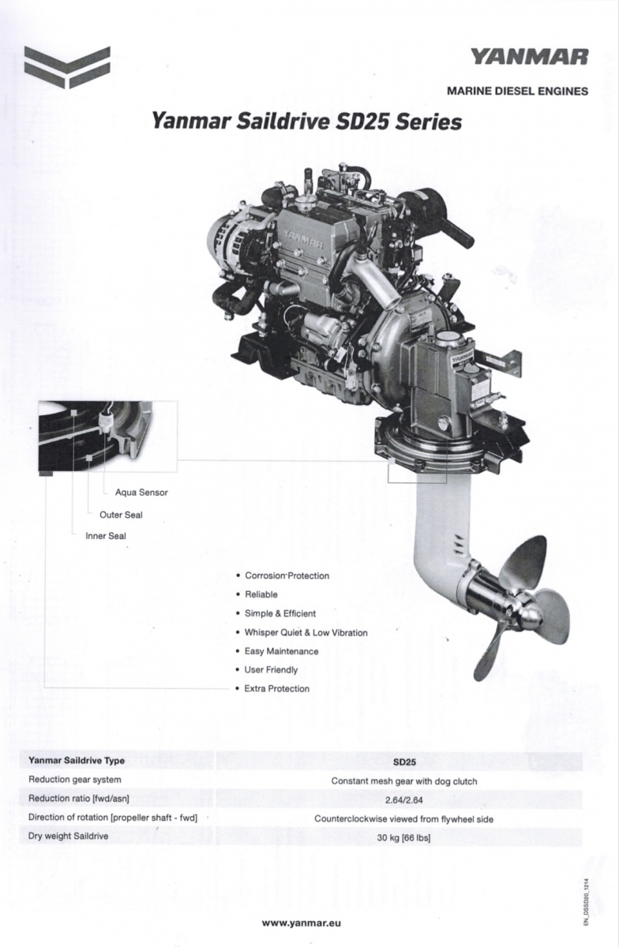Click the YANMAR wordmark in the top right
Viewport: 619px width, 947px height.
point(530,57)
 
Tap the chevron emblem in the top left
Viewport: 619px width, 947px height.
point(67,67)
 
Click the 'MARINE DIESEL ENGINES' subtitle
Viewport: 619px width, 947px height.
point(517,91)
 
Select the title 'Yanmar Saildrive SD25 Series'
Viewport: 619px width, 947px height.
point(306,122)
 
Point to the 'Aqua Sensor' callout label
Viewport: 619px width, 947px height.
point(142,492)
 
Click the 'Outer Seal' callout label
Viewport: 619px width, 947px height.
point(121,515)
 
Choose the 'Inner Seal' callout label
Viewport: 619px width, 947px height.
point(106,536)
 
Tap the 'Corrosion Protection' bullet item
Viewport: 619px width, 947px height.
point(287,576)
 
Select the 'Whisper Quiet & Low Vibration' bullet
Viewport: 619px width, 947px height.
point(306,633)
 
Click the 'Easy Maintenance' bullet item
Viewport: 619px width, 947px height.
point(281,652)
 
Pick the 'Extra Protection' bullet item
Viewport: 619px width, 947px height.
point(276,689)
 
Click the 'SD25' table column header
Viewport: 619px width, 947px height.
point(404,762)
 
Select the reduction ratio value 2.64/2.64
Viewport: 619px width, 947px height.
point(404,800)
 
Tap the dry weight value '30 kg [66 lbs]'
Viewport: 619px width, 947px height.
point(403,838)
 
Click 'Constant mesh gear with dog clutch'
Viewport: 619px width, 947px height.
point(404,781)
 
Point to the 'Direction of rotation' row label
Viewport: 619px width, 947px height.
point(113,818)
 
